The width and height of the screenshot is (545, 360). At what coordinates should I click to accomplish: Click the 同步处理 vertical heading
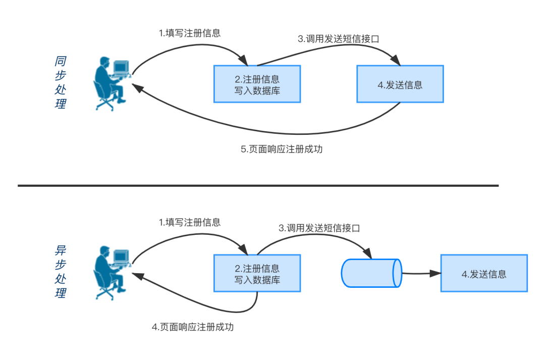coord(61,83)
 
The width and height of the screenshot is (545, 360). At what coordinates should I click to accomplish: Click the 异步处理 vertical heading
coord(61,272)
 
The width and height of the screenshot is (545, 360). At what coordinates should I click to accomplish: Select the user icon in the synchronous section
coord(111,84)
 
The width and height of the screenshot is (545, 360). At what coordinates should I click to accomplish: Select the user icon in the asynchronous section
coord(111,273)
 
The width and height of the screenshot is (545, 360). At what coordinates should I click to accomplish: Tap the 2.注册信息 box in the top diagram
coord(257,84)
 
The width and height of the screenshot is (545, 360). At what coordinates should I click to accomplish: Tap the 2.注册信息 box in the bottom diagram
coord(257,273)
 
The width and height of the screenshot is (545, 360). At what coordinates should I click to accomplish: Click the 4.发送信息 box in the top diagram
coord(400,84)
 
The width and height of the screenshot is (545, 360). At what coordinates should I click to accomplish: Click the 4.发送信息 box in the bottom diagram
coord(483,273)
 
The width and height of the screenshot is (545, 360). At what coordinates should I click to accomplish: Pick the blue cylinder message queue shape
coord(371,273)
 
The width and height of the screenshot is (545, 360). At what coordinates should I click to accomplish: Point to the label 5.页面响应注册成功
coord(281,150)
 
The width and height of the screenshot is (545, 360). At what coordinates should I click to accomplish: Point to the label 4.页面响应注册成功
coord(193,327)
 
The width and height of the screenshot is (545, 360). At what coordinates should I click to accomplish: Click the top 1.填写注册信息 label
coord(190,34)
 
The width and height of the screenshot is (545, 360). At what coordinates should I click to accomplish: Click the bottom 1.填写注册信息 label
coord(190,223)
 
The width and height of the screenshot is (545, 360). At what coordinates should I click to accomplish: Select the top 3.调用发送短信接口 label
coord(338,39)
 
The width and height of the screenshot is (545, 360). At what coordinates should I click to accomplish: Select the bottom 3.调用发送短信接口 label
coord(319,228)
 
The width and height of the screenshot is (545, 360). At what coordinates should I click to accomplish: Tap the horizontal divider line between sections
coord(258,186)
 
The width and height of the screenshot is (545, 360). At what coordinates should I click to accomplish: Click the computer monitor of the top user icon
coord(121,67)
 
